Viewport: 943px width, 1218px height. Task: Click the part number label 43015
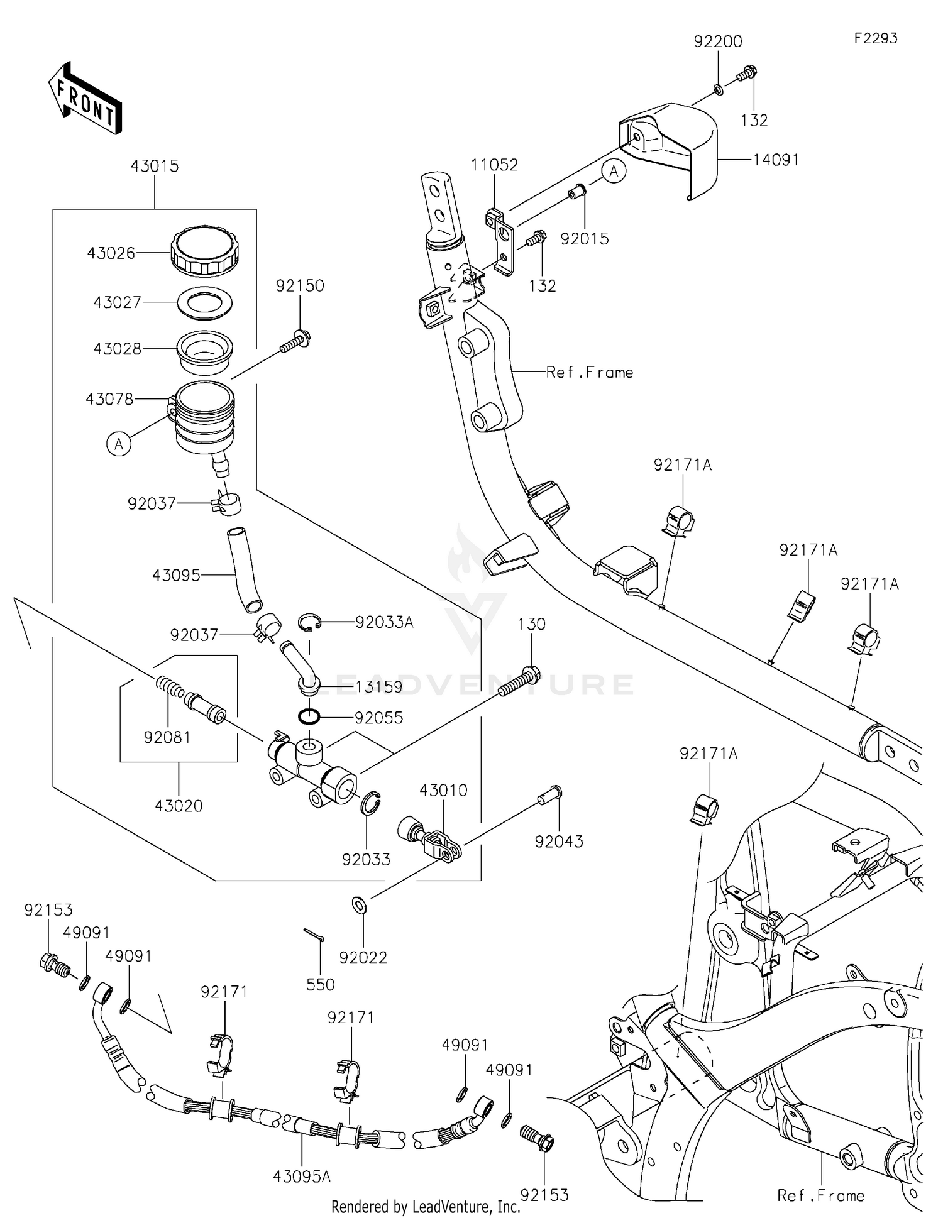pyautogui.click(x=155, y=167)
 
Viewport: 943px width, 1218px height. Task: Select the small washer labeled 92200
pyautogui.click(x=718, y=90)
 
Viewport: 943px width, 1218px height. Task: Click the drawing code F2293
pyautogui.click(x=875, y=38)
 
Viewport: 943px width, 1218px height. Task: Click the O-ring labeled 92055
pyautogui.click(x=309, y=716)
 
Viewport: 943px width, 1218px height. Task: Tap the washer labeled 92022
pyautogui.click(x=360, y=906)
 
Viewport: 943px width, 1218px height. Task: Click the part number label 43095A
pyautogui.click(x=302, y=1177)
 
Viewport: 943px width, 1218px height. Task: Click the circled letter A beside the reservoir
pyautogui.click(x=118, y=444)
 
